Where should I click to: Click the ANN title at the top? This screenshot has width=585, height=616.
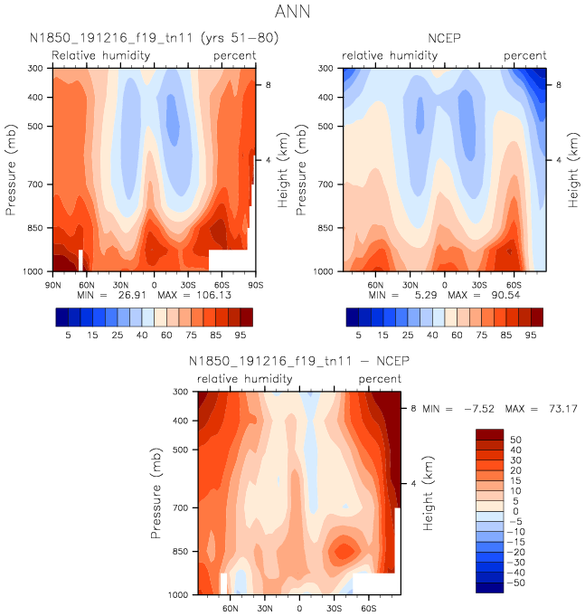(292, 14)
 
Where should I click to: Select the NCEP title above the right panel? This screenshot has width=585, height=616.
(444, 39)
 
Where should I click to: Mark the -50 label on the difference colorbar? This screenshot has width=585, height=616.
(517, 583)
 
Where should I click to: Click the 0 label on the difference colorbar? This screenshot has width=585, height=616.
(512, 511)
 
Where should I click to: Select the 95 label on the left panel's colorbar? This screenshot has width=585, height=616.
(240, 335)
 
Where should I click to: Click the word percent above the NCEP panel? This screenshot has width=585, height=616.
(524, 56)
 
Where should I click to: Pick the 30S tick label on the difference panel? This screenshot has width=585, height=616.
(334, 607)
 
